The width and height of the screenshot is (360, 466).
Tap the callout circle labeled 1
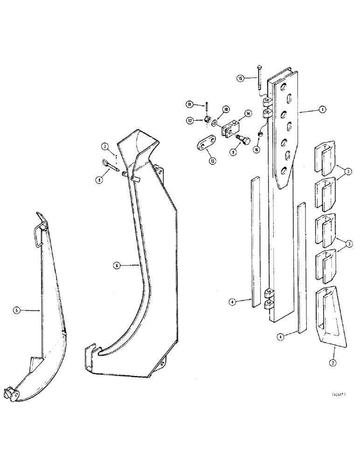(322, 110)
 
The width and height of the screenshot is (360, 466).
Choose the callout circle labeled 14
(248, 113)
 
